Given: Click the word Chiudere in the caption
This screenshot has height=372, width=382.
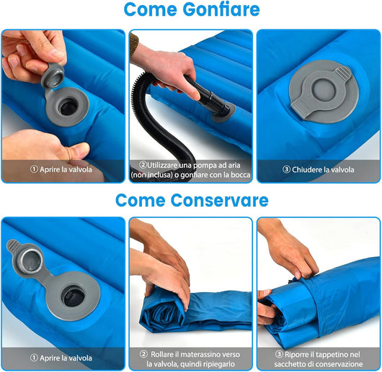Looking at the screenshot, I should point(306,170).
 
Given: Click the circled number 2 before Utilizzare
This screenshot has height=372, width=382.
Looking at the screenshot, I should point(143,165).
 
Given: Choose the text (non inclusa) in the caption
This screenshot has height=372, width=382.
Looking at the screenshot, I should point(153,175).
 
